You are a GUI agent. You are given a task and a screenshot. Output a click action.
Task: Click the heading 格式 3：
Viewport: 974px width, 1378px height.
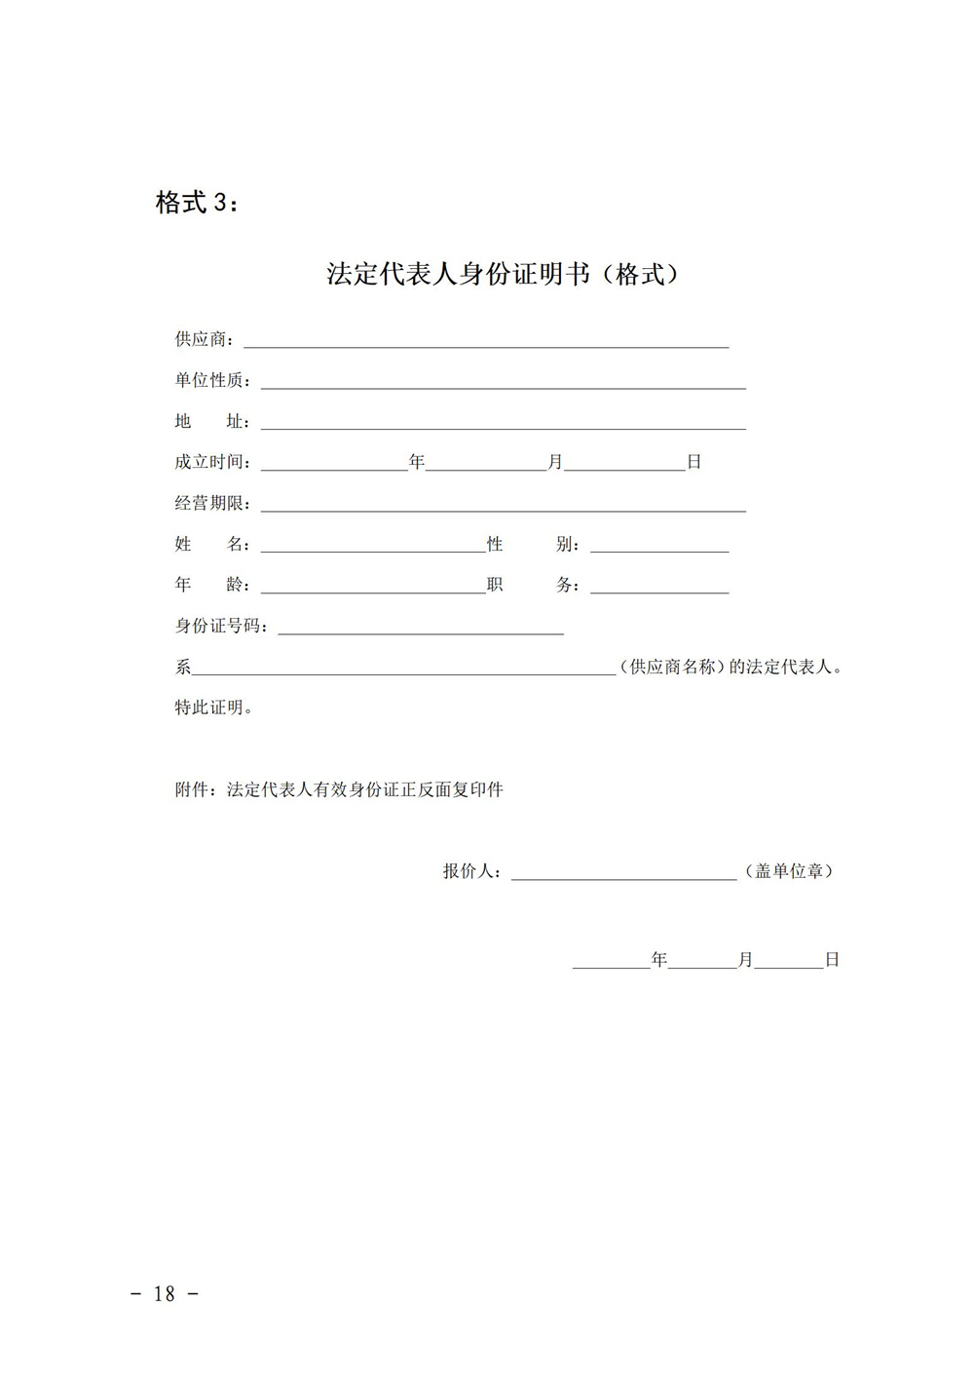[196, 203]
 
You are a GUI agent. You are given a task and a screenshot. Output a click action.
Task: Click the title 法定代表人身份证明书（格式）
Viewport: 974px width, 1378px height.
[502, 275]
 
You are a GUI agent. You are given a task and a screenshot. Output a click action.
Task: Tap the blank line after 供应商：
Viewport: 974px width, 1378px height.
[485, 341]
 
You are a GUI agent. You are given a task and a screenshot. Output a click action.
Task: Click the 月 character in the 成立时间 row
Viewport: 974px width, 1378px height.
[555, 463]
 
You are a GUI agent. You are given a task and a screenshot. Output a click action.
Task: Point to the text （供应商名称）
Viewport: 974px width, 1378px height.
[673, 668]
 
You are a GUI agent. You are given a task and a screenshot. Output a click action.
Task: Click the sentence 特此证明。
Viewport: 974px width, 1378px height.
[214, 708]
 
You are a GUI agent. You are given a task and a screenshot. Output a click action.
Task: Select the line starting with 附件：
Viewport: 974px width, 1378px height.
[339, 790]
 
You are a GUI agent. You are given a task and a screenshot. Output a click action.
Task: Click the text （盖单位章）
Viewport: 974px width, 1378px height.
[789, 872]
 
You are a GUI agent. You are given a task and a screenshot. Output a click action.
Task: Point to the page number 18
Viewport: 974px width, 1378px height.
[165, 1294]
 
